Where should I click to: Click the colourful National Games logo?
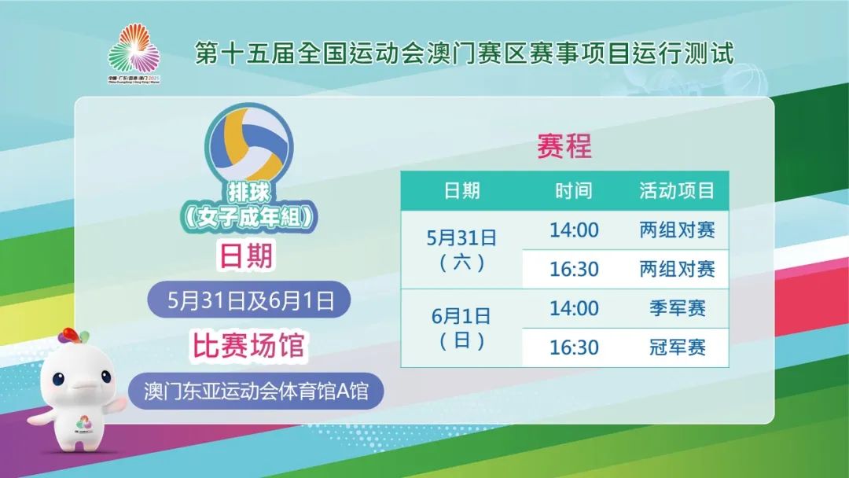pos(134,53)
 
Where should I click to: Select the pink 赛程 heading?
pos(564,145)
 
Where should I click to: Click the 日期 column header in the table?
pos(462,190)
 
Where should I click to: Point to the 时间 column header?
pos(574,190)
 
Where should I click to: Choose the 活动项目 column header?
pos(677,190)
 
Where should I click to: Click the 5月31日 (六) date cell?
pos(462,250)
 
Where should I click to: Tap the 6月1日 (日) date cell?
pos(462,328)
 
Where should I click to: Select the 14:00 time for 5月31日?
pos(574,230)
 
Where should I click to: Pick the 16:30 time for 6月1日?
pos(574,347)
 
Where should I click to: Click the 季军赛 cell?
pos(678,308)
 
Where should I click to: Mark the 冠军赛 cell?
pos(678,347)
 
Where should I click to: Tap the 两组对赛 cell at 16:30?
pos(677,269)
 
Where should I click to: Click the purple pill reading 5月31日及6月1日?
pos(249,300)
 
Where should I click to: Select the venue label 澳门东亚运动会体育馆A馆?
pos(255,391)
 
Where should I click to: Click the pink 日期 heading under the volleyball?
pos(246,255)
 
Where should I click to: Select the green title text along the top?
pos(464,53)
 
